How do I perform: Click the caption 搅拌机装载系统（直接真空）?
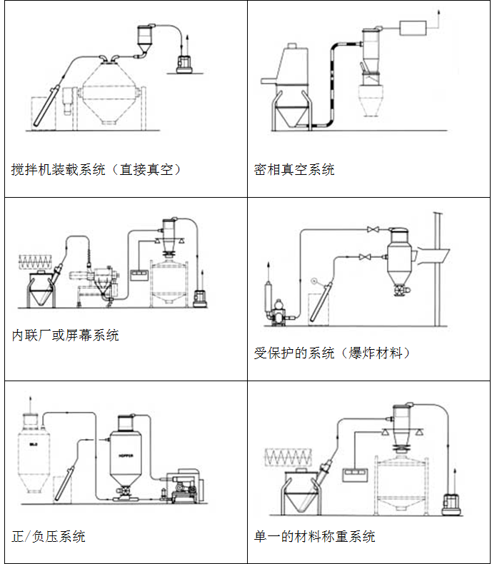[96, 170]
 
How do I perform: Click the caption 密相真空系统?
[294, 170]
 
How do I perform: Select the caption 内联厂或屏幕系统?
[66, 335]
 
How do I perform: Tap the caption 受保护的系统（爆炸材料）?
[333, 352]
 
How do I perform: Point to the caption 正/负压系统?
[49, 536]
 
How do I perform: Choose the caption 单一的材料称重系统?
[314, 536]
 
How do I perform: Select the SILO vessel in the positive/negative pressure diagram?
[31, 457]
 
